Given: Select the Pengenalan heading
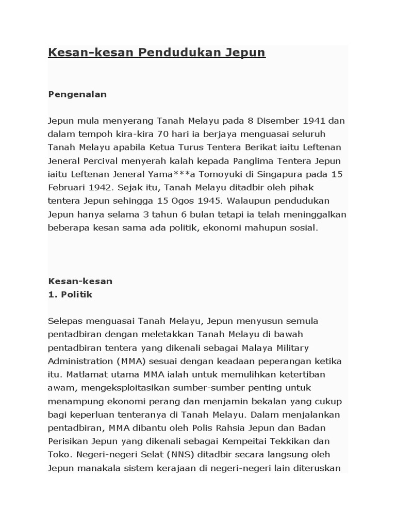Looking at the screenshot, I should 77,94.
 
